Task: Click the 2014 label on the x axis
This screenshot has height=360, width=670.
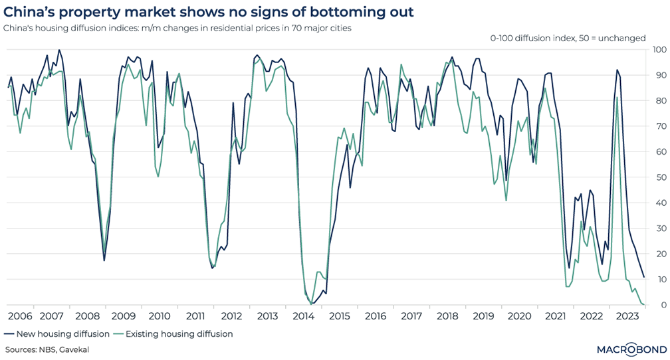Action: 304,317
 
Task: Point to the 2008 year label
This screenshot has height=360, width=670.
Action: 88,317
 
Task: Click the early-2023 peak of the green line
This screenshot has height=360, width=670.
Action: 617,98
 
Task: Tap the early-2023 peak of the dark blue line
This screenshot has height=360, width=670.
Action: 617,70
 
